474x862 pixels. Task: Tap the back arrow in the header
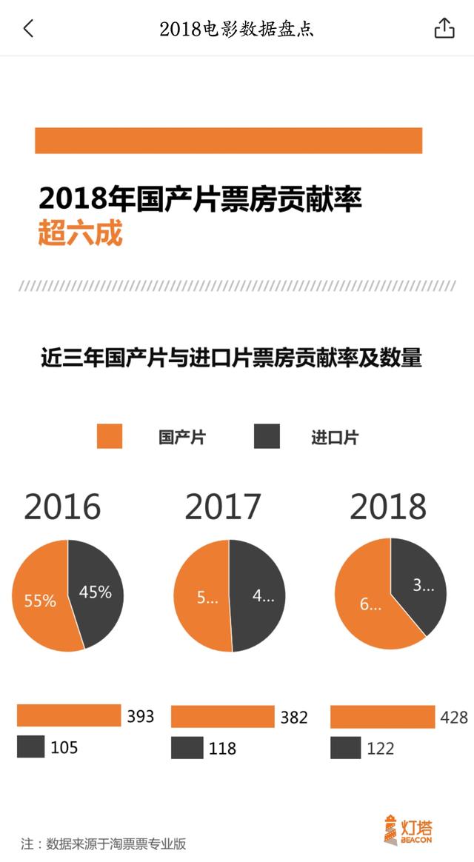pos(28,29)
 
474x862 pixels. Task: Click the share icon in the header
pos(443,28)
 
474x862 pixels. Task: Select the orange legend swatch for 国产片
pos(109,436)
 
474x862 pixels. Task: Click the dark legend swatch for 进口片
pos(267,436)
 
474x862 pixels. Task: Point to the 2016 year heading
pos(62,507)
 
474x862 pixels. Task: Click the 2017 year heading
pos(223,507)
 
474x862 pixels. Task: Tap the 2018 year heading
pos(388,507)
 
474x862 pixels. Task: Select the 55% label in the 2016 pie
pos(40,601)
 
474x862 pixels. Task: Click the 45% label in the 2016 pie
pos(95,592)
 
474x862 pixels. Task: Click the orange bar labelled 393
pos(68,715)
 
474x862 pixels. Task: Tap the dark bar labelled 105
pos(30,746)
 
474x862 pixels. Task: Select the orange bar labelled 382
pos(223,716)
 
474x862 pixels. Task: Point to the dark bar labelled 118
pos(187,747)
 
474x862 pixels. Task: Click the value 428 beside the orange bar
pos(453,717)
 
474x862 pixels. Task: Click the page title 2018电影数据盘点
pos(236,29)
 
